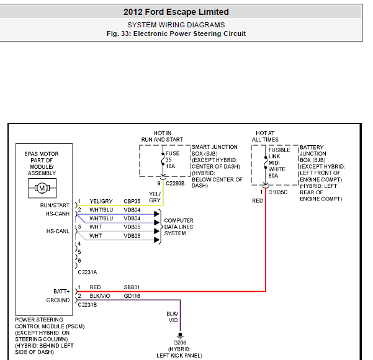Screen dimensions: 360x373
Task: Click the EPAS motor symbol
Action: pos(42,187)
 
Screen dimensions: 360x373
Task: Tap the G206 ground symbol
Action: pos(180,335)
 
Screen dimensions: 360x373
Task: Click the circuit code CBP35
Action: pos(132,201)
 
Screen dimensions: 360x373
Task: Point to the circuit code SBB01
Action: pos(132,287)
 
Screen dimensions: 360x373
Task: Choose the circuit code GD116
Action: pos(132,296)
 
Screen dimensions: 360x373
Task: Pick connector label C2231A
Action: pos(88,271)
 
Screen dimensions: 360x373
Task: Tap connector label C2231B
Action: pos(88,305)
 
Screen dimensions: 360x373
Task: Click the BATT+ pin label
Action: pos(61,290)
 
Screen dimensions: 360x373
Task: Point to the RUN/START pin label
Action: pos(55,205)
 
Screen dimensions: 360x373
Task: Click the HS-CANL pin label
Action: pos(57,231)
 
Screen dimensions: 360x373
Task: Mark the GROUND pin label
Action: pos(58,300)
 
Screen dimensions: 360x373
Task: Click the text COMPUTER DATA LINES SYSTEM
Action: pos(179,227)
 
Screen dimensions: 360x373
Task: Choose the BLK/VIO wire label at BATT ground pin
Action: pos(101,296)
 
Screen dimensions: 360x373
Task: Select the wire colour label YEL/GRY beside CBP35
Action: pos(101,201)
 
